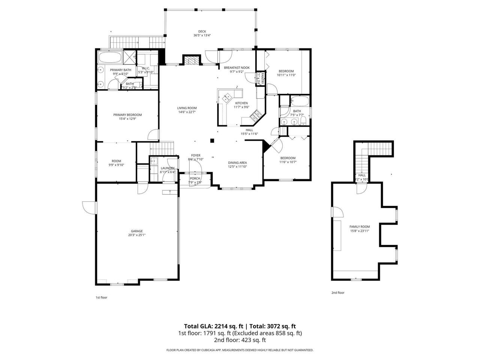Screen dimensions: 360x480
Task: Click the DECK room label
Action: (x=202, y=31)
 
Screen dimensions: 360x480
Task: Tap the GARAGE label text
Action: (x=136, y=231)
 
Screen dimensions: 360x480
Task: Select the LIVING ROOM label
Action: (x=187, y=108)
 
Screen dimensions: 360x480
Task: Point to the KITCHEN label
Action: (x=241, y=103)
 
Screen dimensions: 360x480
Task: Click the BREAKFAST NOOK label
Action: (x=237, y=67)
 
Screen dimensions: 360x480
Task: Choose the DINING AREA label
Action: (x=237, y=163)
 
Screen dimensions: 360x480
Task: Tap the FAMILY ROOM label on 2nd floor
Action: (x=359, y=226)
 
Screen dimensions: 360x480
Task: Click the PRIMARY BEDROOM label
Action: (x=127, y=115)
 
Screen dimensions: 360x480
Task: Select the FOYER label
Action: (x=195, y=155)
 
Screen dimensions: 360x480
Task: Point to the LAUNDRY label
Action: (x=168, y=168)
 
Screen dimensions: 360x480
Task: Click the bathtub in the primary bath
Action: (x=109, y=57)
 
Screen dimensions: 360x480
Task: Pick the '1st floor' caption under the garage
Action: (x=101, y=297)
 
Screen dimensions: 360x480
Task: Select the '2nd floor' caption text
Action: (x=337, y=292)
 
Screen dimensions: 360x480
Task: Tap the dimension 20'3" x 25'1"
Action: (x=136, y=235)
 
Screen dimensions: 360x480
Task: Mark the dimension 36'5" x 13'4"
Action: (x=202, y=36)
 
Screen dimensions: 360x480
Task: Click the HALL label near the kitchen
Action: (x=249, y=130)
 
